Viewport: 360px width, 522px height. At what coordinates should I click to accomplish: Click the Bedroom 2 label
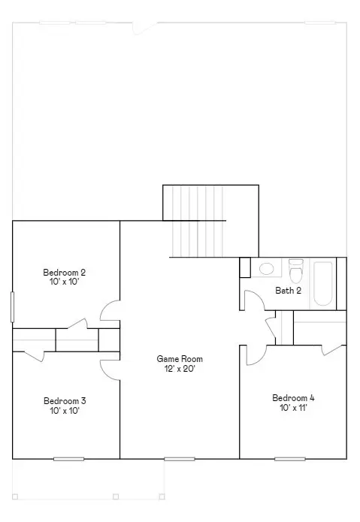65,273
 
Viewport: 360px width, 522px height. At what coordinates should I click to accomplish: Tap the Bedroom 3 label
65,401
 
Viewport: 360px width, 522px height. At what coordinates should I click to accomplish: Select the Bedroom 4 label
293,398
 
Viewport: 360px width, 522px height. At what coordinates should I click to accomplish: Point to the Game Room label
180,359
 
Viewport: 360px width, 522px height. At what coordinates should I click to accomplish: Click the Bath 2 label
289,291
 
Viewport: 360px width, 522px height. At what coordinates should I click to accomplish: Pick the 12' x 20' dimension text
180,369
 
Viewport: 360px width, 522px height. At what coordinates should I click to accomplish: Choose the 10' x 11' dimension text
293,408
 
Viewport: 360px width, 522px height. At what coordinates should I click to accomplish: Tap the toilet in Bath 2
295,271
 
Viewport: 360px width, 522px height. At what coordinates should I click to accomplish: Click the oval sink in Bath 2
266,269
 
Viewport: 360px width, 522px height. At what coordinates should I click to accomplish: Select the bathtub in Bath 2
323,284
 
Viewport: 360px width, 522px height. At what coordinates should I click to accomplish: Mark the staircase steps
198,221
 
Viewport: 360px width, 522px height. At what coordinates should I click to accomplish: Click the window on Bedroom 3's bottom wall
69,459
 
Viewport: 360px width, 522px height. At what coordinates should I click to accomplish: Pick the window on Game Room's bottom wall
180,459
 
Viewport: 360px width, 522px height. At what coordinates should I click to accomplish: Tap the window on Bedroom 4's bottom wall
290,459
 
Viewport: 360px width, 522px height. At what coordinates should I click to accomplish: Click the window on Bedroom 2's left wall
13,307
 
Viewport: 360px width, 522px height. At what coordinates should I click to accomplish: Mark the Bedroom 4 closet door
331,350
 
